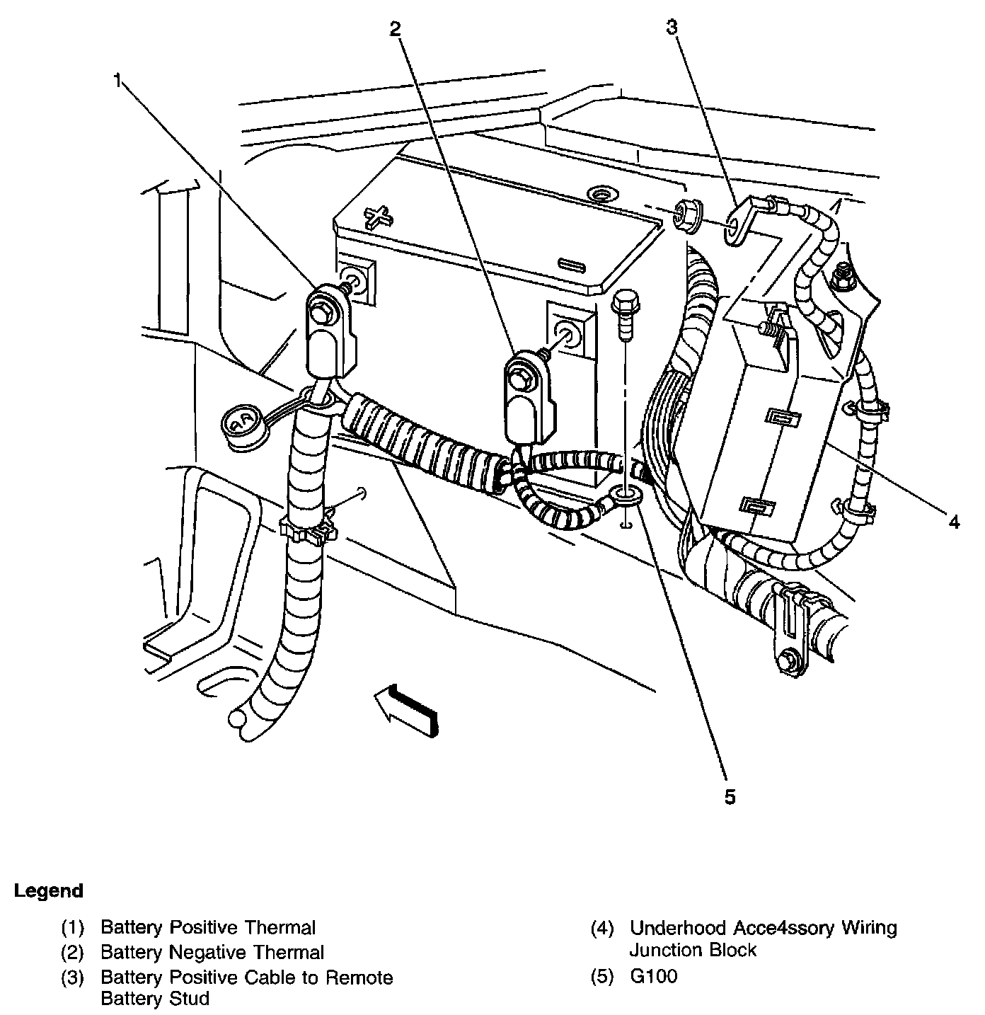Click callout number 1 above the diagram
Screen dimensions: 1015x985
119,81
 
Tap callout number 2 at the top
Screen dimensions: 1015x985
395,28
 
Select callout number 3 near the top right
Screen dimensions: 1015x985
672,27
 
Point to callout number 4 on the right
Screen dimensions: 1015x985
954,522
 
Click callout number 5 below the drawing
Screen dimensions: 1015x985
730,796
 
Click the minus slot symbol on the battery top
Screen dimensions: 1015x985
572,264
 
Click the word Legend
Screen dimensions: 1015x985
48,890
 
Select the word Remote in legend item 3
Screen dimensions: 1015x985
359,977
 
